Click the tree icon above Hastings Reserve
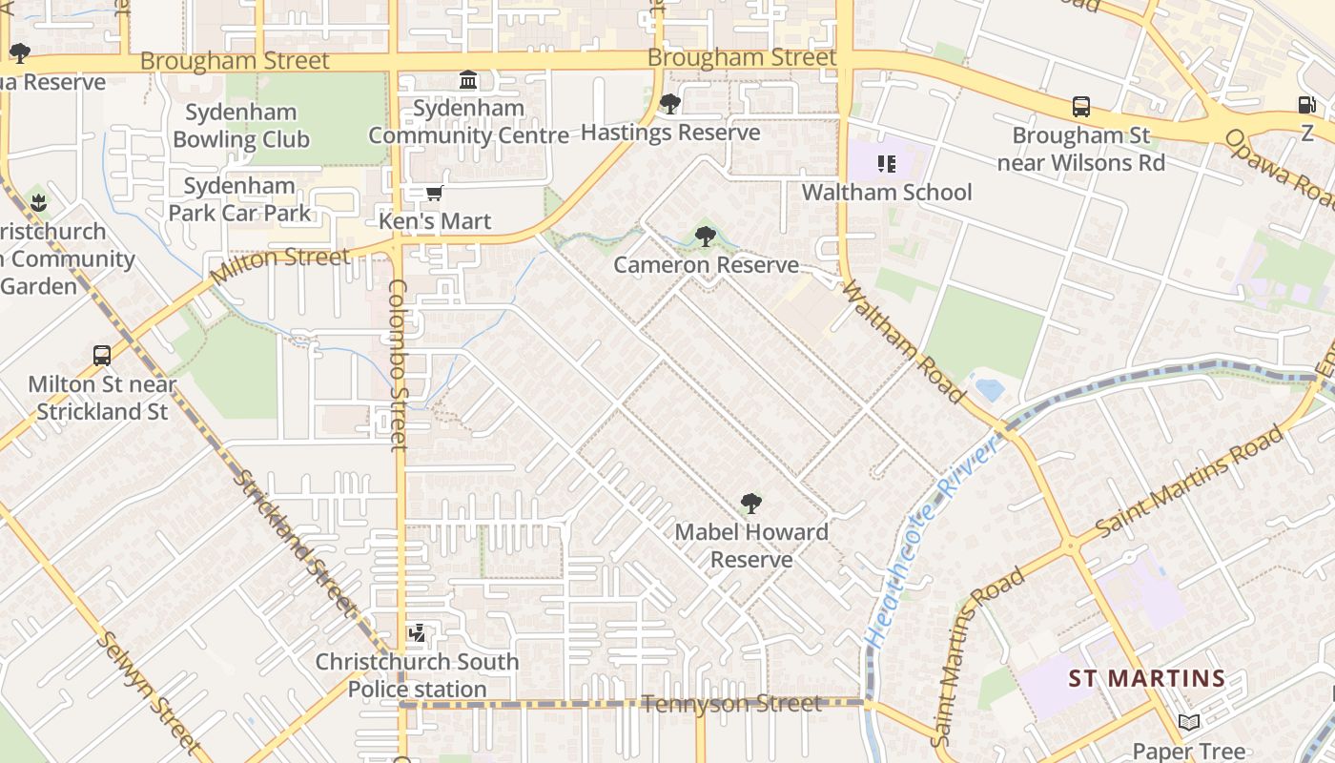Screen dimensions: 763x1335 coord(670,104)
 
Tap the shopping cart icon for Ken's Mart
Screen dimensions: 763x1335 coord(435,194)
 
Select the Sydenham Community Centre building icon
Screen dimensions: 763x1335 coord(468,80)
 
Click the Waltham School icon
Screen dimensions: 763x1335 coord(887,164)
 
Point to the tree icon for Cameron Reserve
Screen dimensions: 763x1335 coord(706,236)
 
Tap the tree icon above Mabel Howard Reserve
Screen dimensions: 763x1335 coord(751,503)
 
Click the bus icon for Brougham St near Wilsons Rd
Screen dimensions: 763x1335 coord(1081,107)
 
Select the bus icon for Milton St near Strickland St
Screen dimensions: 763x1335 coord(102,356)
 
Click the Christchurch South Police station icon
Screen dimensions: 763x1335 coord(417,633)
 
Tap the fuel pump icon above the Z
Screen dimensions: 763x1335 coord(1306,105)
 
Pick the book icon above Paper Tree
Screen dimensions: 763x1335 coord(1188,723)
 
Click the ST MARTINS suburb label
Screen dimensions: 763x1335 coord(1146,679)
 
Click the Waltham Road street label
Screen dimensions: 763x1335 coord(901,340)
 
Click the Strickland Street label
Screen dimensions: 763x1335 coord(297,541)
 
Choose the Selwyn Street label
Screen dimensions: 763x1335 coord(149,691)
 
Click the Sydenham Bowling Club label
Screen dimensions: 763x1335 coord(241,126)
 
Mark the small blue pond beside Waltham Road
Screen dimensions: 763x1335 coord(989,389)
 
